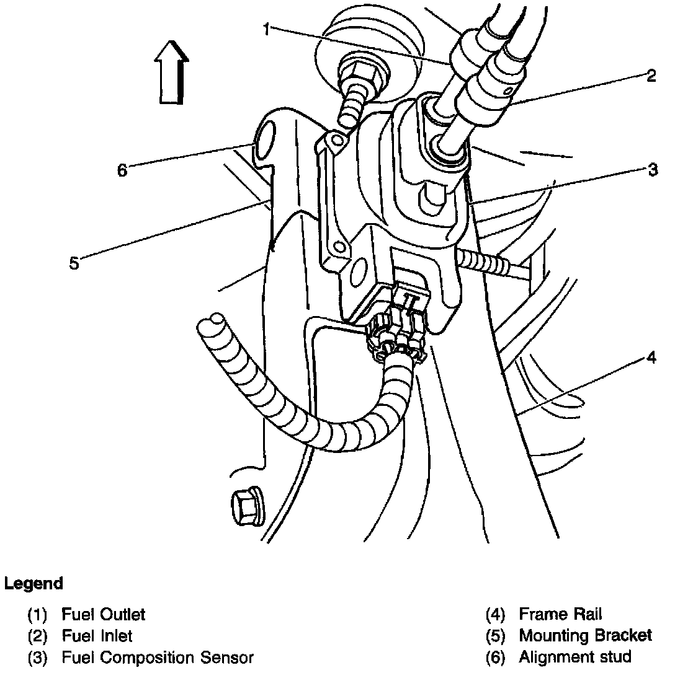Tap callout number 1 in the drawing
[266, 29]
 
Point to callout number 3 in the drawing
[652, 170]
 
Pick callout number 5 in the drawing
[74, 263]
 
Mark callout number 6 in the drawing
[122, 170]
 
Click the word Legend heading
[34, 583]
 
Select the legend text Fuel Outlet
[103, 615]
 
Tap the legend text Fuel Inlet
[97, 635]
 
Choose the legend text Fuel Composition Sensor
[158, 656]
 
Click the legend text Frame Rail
[560, 615]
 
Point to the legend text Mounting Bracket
[585, 635]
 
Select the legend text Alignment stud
[574, 656]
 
